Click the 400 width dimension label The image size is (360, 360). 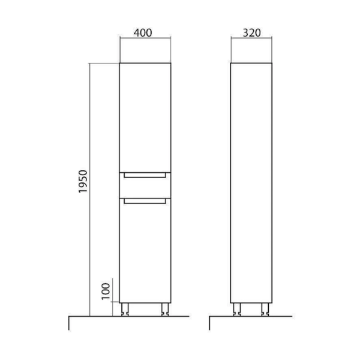click(x=143, y=32)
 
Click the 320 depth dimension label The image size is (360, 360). click(x=251, y=33)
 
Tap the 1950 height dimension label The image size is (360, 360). click(x=83, y=181)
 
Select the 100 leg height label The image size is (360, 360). click(x=106, y=292)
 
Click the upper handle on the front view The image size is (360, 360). click(x=145, y=175)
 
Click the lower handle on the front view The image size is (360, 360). click(x=145, y=202)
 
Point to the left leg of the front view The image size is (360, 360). click(x=125, y=310)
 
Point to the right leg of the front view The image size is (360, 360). click(x=165, y=310)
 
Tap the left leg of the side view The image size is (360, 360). click(x=237, y=310)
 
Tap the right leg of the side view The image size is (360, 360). click(x=265, y=310)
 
